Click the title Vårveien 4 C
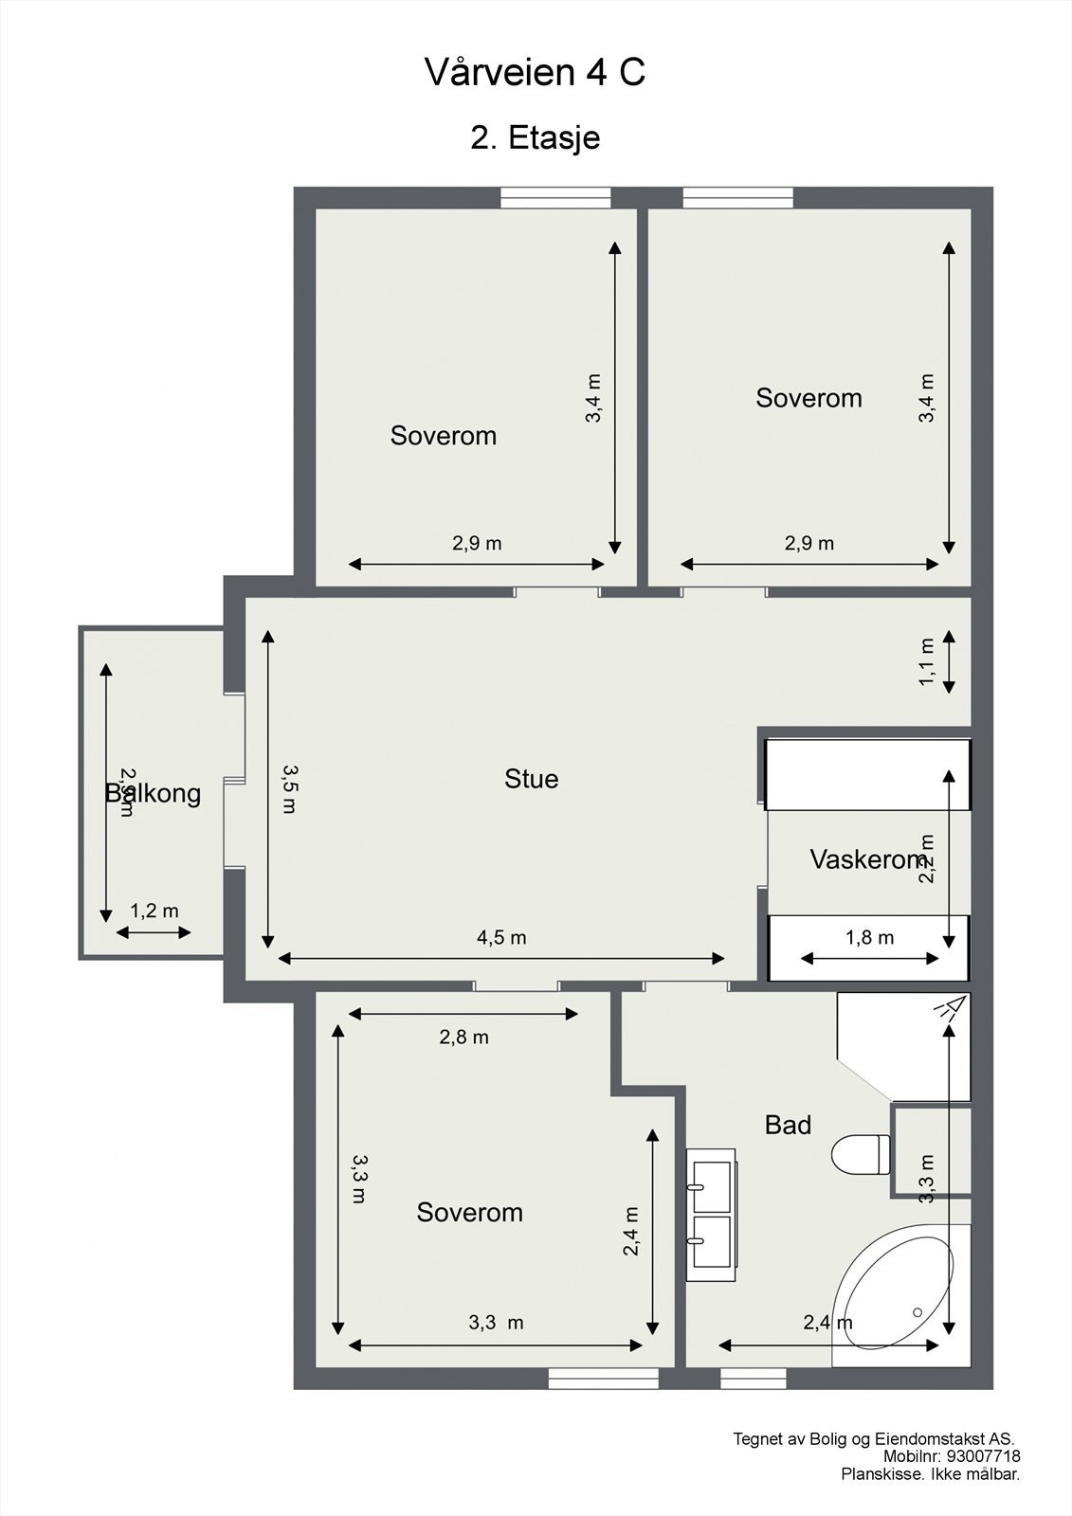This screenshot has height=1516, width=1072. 536,73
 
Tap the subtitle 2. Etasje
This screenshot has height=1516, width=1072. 536,138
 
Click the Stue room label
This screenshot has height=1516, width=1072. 531,779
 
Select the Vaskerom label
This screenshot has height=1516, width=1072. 867,859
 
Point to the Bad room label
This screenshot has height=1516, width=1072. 788,1125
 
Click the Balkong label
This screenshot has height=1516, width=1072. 154,793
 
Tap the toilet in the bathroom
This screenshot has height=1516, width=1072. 861,1154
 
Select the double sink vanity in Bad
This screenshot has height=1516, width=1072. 711,1215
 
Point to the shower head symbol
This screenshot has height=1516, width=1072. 949,1008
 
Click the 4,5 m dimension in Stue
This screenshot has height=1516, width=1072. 501,938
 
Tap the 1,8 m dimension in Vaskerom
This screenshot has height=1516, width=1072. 869,938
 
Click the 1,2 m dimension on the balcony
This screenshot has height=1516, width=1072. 154,911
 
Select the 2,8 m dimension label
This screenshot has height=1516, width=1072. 463,1038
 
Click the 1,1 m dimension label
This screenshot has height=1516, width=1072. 927,661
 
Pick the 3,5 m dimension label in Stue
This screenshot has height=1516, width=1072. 288,788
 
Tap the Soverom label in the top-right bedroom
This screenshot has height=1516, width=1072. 809,398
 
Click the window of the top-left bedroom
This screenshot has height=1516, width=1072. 555,197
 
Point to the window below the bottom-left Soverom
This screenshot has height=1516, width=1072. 603,1379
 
